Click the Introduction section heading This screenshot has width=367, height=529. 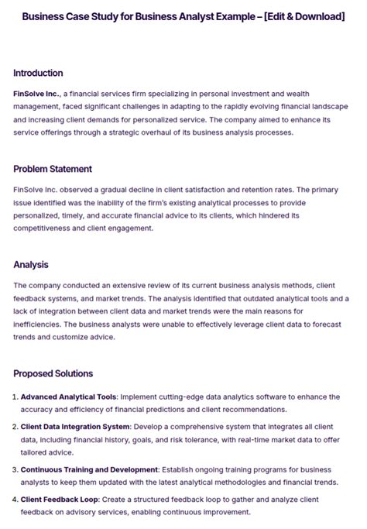(x=38, y=73)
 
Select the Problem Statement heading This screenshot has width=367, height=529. (x=53, y=169)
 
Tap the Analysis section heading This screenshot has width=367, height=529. (x=31, y=265)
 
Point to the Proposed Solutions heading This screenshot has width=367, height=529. (x=53, y=373)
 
